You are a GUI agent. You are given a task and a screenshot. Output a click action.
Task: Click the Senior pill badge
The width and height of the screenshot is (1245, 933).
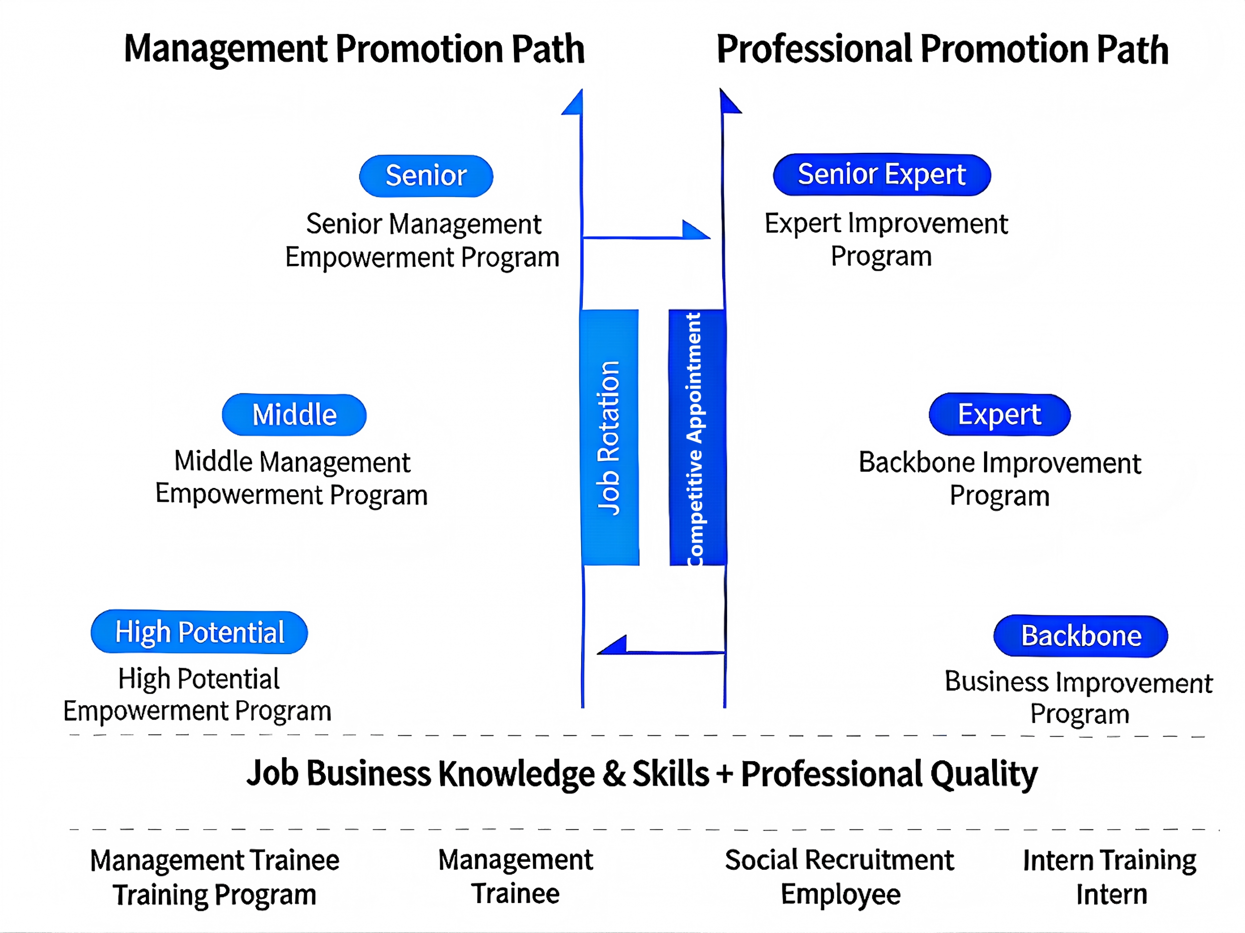(x=426, y=176)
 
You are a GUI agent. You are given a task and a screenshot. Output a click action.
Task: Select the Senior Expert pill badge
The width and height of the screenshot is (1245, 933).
(x=881, y=174)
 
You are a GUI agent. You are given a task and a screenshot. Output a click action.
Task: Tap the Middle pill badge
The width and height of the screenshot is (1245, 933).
(x=294, y=415)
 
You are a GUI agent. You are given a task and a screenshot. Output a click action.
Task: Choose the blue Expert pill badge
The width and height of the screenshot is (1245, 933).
(x=999, y=415)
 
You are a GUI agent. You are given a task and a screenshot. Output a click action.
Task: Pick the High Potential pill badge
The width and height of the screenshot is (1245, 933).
(x=199, y=632)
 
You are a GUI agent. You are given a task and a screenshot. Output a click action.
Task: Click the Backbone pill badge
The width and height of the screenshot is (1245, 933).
(x=1081, y=636)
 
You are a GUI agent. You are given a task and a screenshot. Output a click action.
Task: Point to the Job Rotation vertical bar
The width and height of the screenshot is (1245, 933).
(x=610, y=437)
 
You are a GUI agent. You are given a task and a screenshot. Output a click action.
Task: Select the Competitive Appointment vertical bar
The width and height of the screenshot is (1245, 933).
(x=697, y=437)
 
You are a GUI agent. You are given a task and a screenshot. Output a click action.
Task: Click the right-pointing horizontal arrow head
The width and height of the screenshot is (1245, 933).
(x=696, y=231)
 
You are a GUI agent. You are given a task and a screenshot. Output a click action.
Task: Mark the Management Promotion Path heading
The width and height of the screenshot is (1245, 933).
(x=354, y=49)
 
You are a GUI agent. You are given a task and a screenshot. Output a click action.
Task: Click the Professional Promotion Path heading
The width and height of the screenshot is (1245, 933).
(x=942, y=49)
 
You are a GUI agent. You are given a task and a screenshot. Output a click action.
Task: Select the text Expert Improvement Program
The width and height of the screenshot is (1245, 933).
(x=885, y=239)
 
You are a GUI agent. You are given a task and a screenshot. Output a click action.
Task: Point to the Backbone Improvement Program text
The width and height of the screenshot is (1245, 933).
(x=999, y=479)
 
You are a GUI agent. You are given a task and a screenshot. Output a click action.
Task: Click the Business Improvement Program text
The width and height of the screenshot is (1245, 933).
(x=1078, y=698)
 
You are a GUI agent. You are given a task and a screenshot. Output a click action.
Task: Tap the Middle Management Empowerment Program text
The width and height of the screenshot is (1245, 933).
(x=291, y=478)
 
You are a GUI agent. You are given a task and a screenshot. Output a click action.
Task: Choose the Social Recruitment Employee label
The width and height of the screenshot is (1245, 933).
(x=840, y=877)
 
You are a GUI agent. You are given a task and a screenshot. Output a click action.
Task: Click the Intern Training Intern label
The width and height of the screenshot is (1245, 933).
(x=1110, y=877)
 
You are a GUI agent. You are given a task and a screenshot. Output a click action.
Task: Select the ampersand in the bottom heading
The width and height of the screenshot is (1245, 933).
(x=614, y=774)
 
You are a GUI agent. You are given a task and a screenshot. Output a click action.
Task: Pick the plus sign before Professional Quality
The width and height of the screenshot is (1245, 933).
(x=725, y=774)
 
